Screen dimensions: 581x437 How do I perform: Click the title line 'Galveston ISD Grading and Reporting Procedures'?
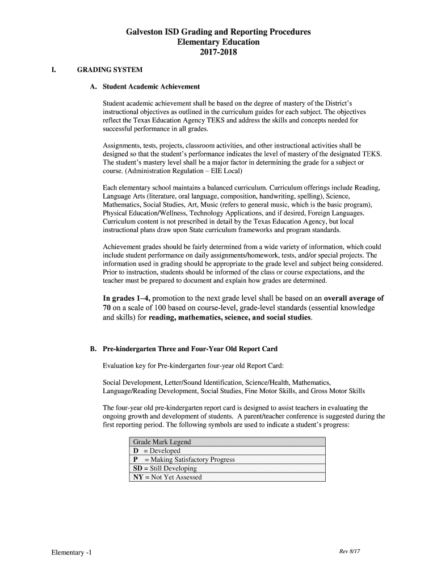(218, 32)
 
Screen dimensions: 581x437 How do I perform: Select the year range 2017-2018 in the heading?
(218, 53)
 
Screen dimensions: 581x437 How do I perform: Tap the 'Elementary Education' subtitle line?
(218, 43)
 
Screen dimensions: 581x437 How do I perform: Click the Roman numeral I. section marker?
(53, 70)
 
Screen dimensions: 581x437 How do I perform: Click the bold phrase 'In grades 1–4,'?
(126, 298)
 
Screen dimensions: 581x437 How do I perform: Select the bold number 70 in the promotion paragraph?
(107, 308)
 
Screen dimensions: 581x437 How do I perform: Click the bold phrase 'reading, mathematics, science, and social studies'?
(230, 317)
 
